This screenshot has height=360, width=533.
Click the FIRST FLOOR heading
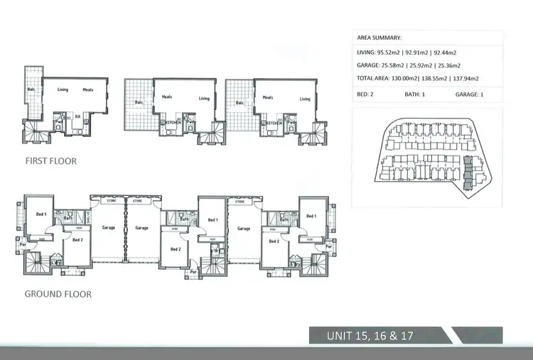point(50,161)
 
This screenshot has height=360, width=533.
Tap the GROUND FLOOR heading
point(58,293)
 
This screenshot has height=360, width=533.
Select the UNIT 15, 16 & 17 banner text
point(370,335)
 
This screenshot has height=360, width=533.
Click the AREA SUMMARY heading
point(379,38)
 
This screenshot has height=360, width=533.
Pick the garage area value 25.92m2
point(429,65)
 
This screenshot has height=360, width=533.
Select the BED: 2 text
point(367,94)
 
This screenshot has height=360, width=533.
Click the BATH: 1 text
point(415,94)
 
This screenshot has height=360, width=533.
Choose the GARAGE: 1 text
point(467,94)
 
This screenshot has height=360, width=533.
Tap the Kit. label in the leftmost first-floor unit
point(77,114)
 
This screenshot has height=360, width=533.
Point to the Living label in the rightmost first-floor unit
point(305,99)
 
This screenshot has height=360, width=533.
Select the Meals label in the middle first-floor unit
point(167,97)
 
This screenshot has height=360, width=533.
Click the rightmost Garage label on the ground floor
point(244,229)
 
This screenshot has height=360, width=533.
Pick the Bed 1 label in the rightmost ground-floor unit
point(311,216)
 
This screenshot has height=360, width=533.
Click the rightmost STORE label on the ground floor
point(239,201)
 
